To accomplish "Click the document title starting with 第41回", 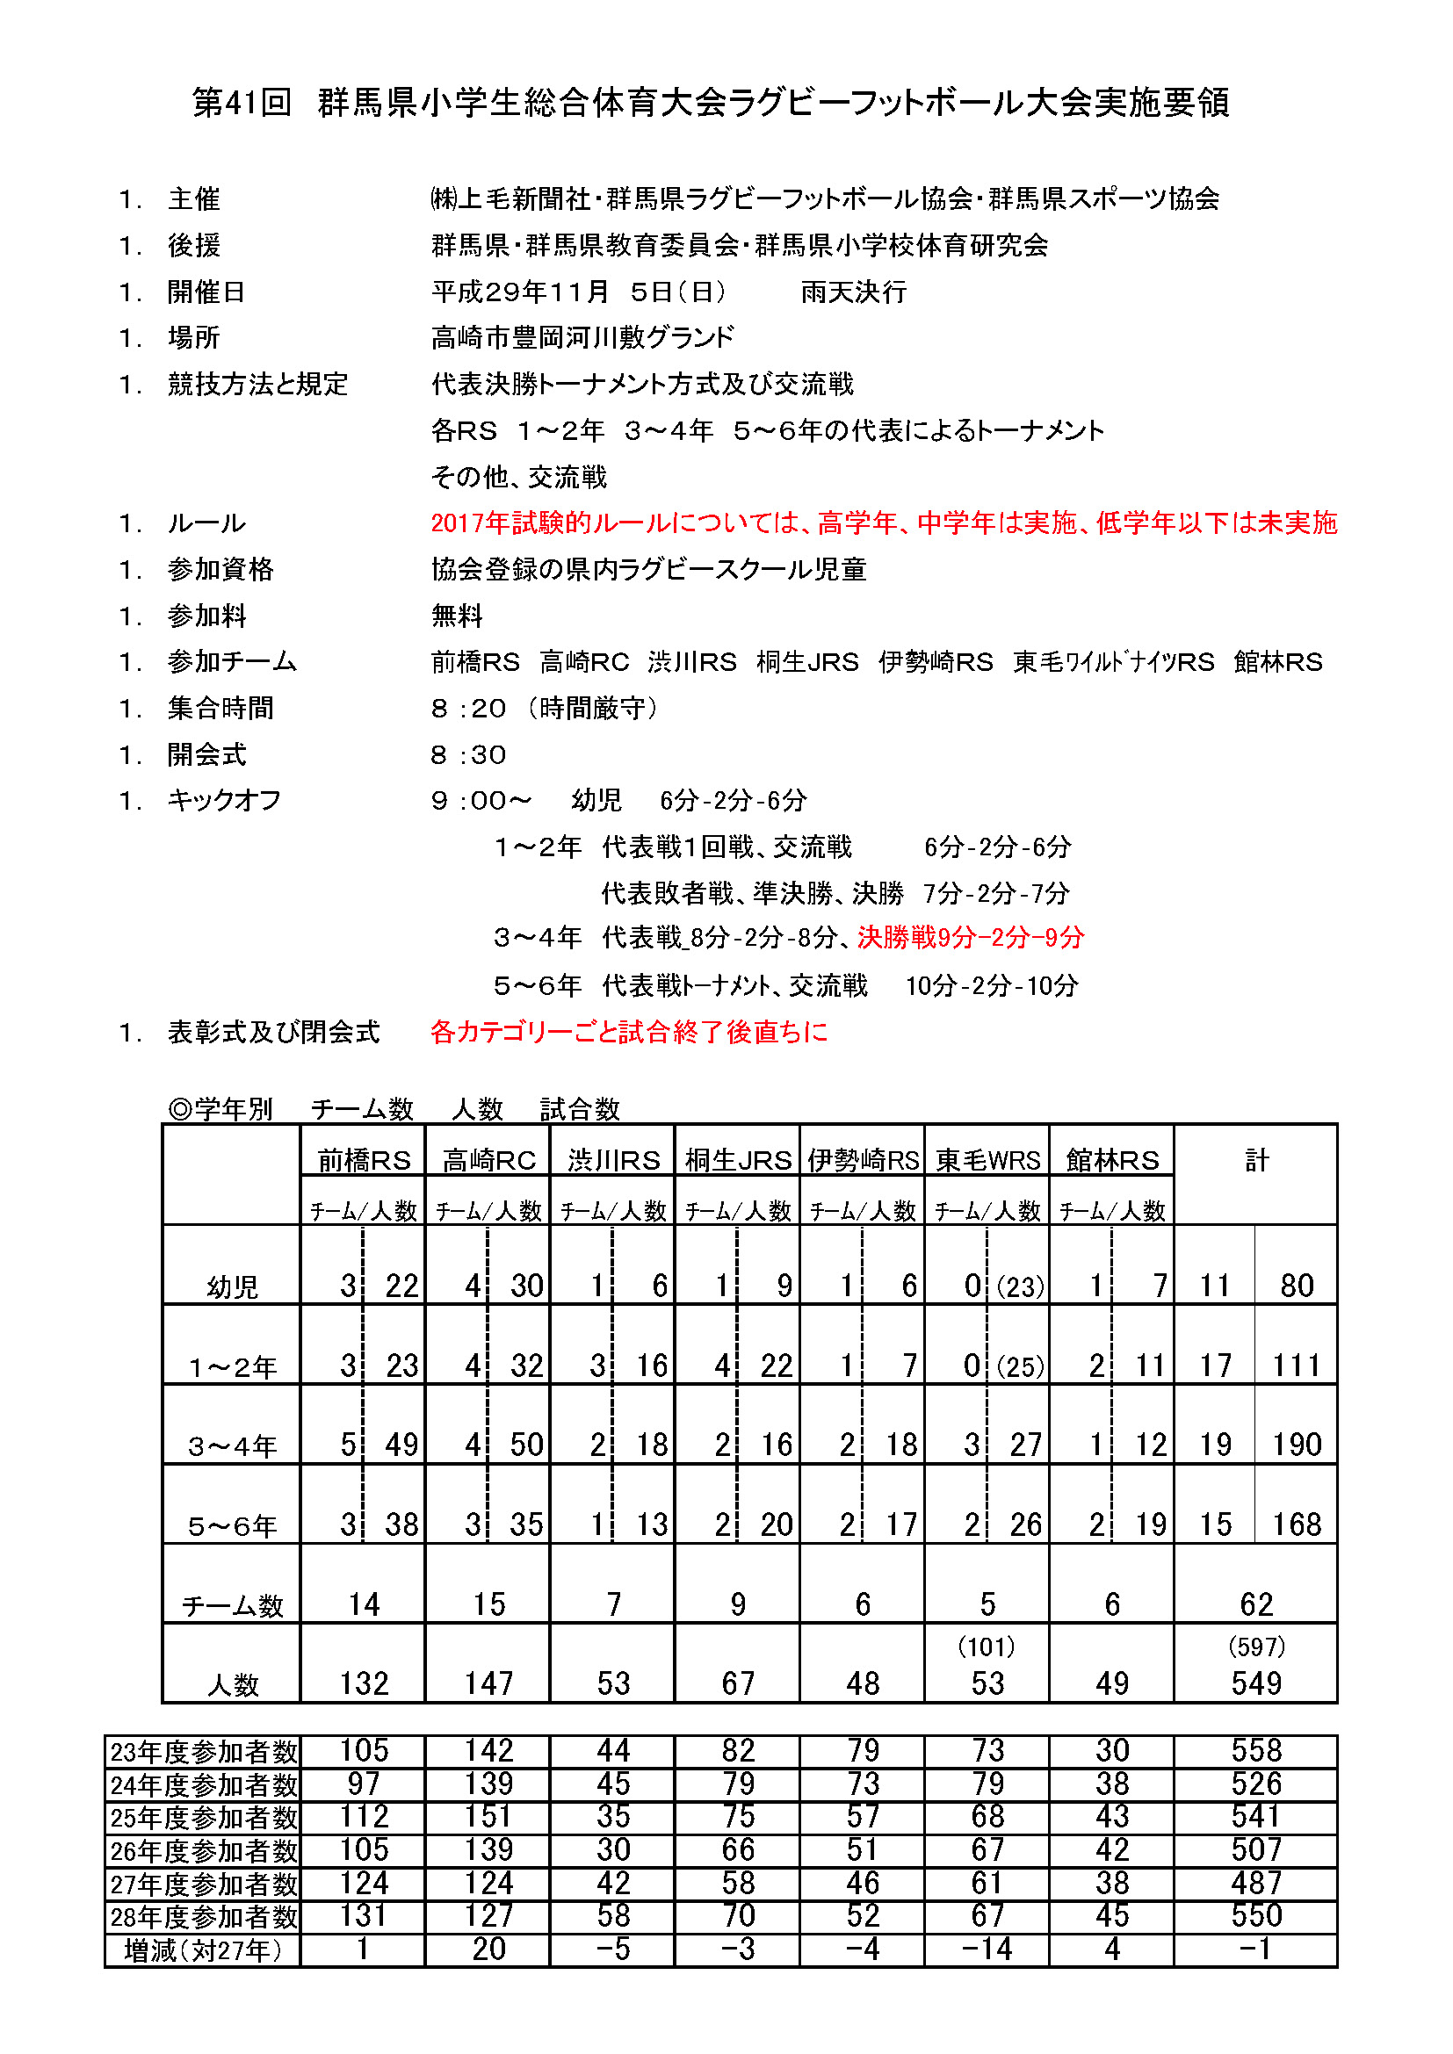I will click(712, 103).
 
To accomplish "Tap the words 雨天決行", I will click(854, 292).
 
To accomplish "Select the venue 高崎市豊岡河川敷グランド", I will click(582, 337).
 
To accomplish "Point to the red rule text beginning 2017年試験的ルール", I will click(883, 523).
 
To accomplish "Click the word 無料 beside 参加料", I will click(456, 616).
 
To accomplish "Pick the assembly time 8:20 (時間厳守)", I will click(544, 709).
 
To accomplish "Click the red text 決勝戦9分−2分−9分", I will click(971, 938).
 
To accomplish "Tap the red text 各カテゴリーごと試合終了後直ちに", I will click(629, 1032).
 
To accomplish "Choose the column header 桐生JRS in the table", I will click(738, 1160).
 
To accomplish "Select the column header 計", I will click(1256, 1160).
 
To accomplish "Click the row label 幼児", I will click(232, 1287).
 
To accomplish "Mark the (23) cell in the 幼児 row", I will click(1020, 1286).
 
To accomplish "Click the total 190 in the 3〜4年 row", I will click(1297, 1445).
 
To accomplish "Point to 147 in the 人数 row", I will click(488, 1683).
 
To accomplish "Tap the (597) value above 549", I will click(1256, 1646).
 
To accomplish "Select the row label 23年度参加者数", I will click(203, 1751).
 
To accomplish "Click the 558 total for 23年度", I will click(1256, 1750).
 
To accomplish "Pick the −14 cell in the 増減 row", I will click(987, 1949).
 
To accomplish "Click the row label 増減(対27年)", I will click(203, 1949).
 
